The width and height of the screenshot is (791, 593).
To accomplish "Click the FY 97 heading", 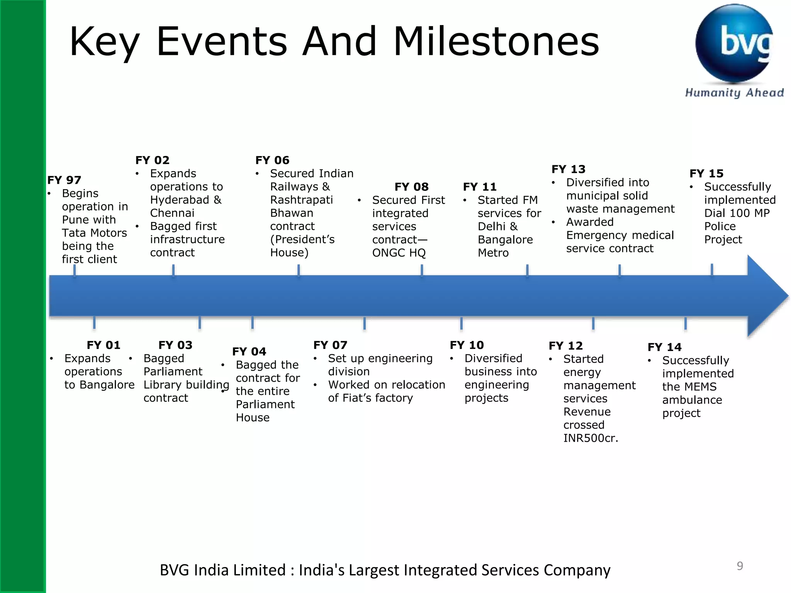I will [x=64, y=180].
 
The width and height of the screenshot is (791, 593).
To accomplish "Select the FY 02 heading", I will [x=152, y=160].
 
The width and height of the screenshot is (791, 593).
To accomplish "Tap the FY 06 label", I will [x=272, y=160].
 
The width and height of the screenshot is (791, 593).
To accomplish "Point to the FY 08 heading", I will [x=411, y=187].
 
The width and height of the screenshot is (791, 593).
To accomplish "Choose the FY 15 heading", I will [x=706, y=173].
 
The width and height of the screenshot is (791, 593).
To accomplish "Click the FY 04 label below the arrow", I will [x=249, y=351].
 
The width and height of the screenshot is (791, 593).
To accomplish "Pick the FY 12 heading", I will [x=565, y=346].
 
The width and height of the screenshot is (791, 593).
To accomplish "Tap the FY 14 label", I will [x=664, y=347].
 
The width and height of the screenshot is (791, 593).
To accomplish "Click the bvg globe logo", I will [x=734, y=43].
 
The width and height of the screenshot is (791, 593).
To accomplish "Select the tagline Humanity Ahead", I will [x=734, y=93].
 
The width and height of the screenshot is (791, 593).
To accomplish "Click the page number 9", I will [x=740, y=566].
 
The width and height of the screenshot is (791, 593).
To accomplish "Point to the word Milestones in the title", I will [x=496, y=41].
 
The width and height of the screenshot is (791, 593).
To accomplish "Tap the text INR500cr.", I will [x=591, y=438].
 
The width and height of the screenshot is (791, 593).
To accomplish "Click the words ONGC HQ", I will [x=399, y=253].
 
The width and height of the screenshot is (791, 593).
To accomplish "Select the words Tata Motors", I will [x=94, y=233].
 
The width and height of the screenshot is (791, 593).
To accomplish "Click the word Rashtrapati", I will [x=301, y=200].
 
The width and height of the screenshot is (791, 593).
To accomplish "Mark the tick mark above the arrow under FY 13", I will [x=620, y=270].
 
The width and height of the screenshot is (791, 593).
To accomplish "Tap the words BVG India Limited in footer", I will [x=222, y=570].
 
